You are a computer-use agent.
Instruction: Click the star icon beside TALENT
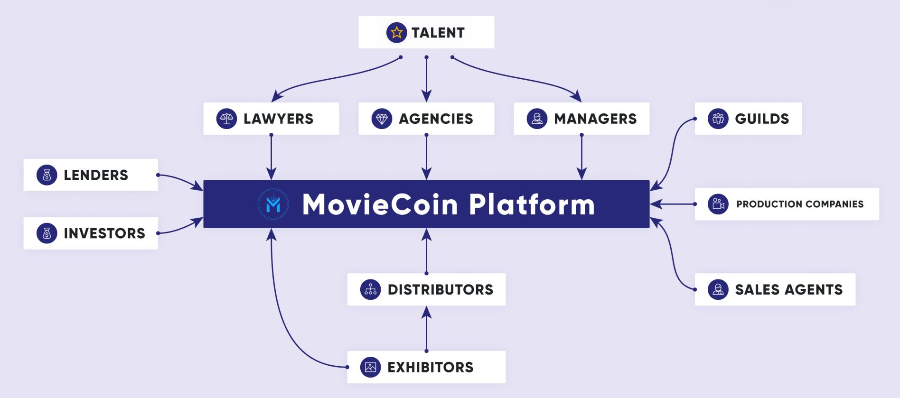pos(396,33)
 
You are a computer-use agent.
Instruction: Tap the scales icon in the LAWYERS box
pos(226,119)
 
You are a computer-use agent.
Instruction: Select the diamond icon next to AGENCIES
pos(382,119)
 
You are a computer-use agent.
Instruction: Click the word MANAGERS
pos(595,119)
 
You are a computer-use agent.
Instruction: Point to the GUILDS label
pos(762,119)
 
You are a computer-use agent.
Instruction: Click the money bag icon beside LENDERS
pos(47,175)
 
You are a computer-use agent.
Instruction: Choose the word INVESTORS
pos(104,233)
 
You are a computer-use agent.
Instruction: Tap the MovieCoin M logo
pos(273,204)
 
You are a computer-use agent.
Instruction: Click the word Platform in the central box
pos(532,204)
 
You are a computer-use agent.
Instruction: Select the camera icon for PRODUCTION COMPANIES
pos(718,204)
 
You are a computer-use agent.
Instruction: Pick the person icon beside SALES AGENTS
pos(718,289)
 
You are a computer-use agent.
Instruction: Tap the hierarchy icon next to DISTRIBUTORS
pos(371,289)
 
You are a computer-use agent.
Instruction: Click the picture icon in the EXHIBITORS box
pos(371,367)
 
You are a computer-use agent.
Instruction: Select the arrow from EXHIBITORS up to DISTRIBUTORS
pos(426,329)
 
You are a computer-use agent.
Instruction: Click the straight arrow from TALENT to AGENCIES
pos(426,79)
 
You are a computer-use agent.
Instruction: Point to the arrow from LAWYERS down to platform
pos(271,157)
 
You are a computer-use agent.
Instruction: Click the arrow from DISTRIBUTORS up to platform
pos(426,251)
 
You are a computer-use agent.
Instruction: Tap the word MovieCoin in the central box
pos(380,204)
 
